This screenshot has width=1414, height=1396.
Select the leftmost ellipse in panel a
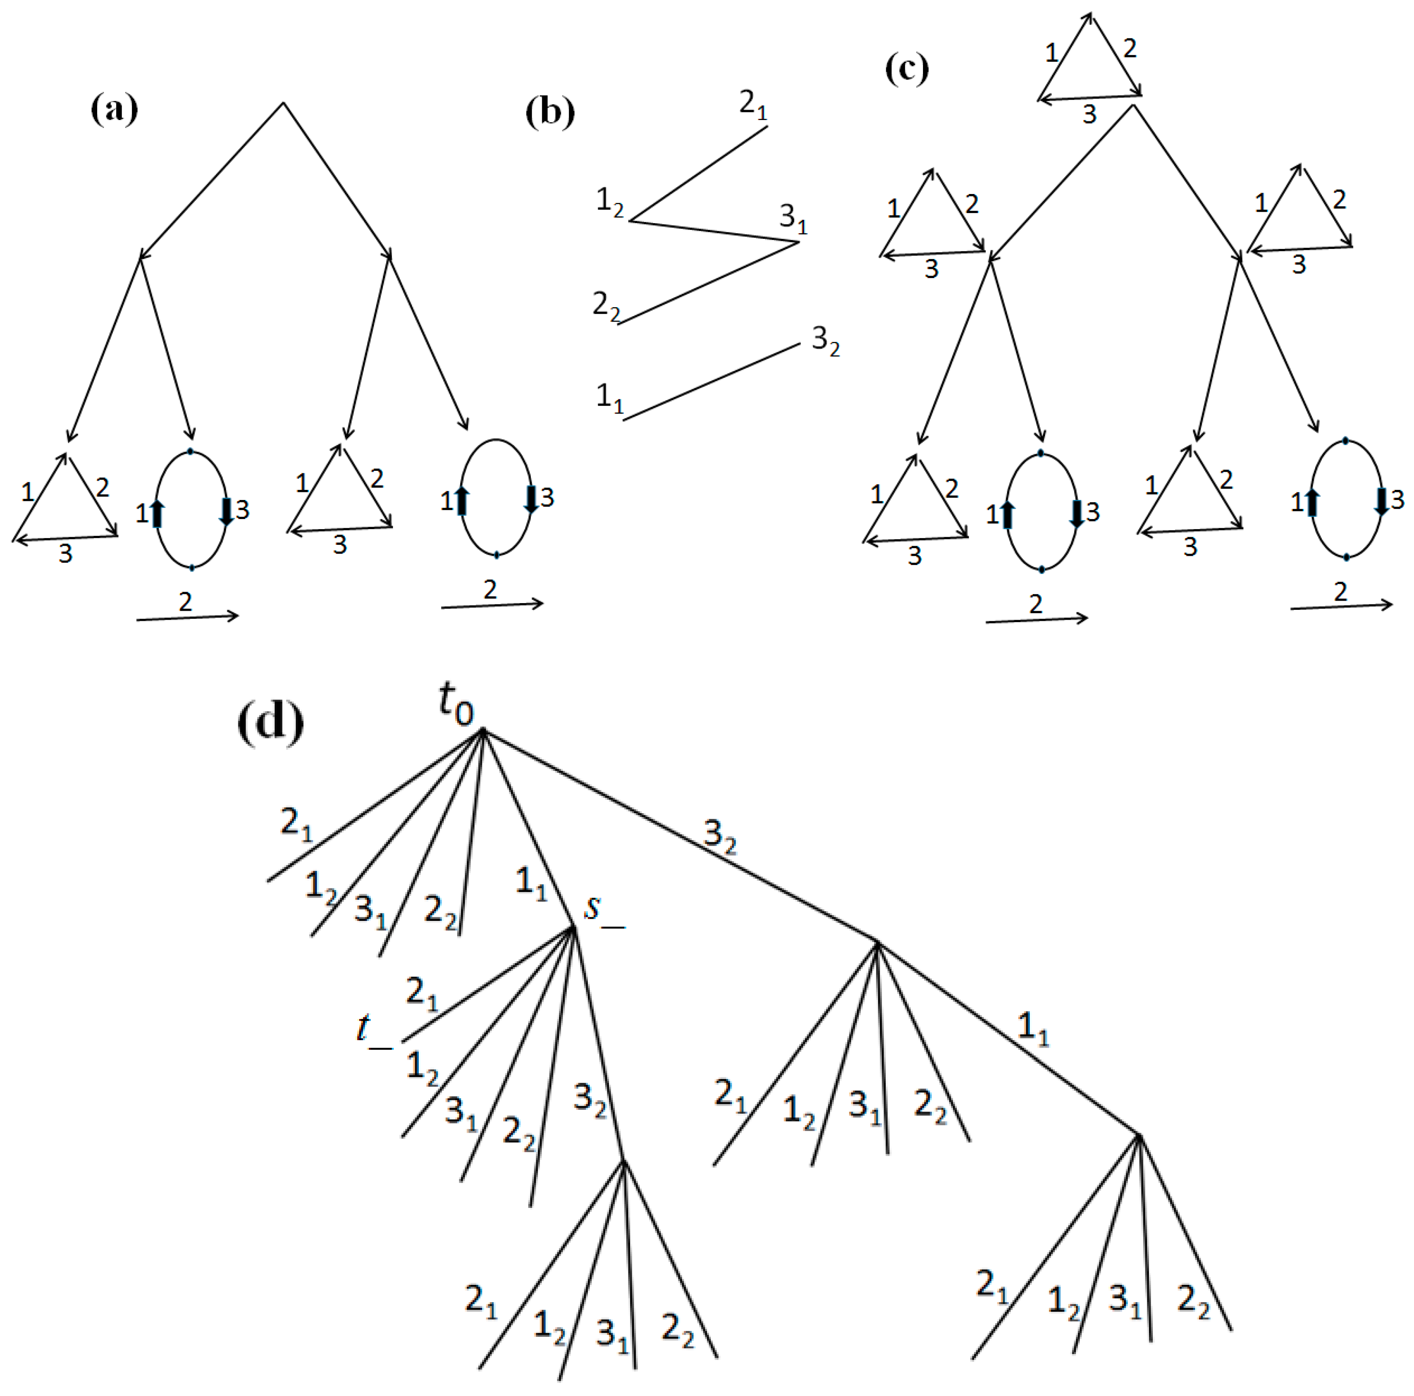pos(191,509)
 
